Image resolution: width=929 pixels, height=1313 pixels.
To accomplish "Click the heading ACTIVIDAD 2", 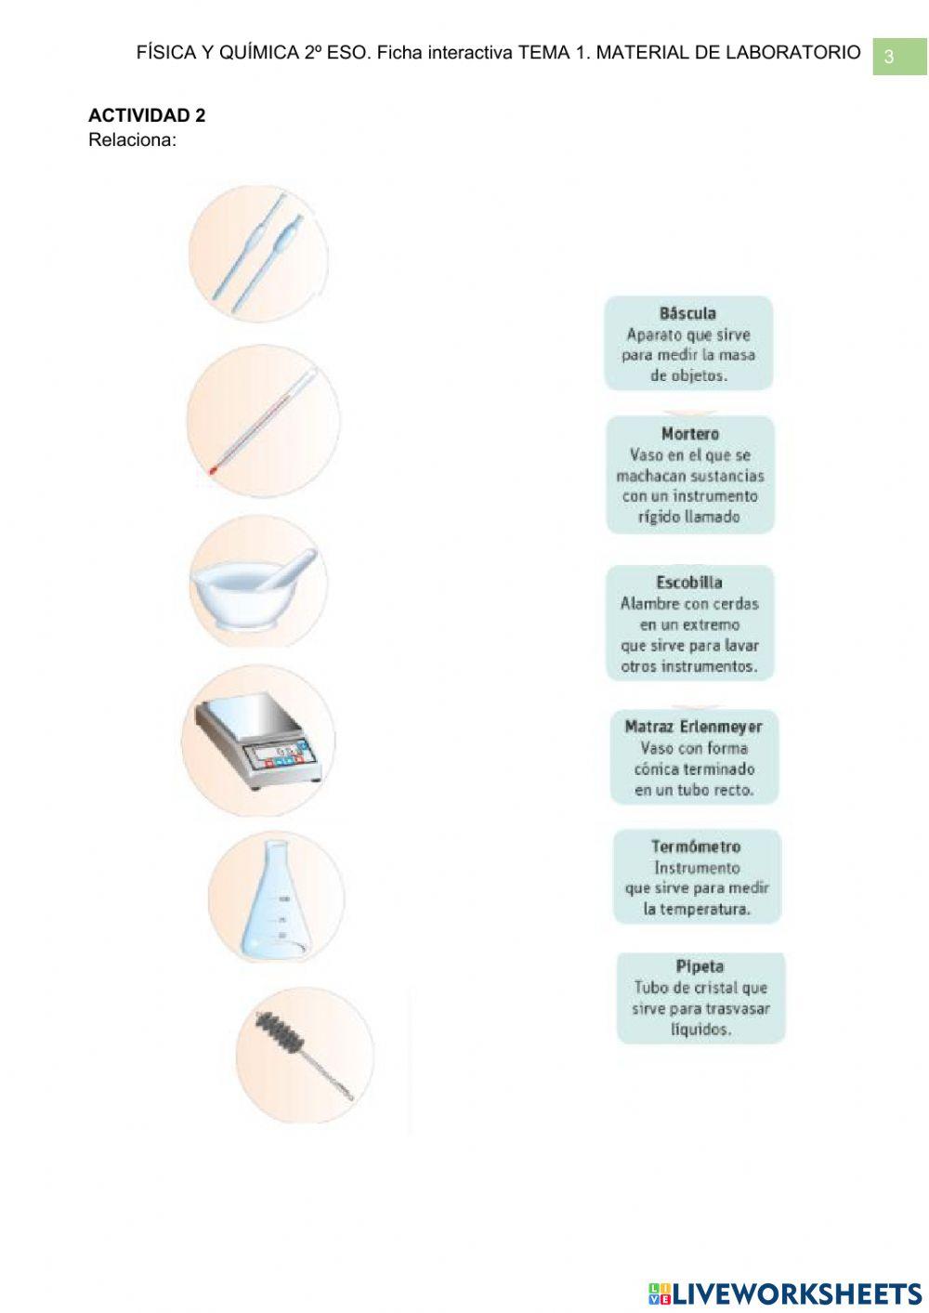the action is coord(147,115).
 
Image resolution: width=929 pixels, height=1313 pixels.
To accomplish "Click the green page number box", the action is coord(899,57).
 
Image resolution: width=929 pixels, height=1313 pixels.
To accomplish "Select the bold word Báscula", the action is coord(687,313).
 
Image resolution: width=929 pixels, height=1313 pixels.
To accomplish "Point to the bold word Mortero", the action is coord(690,434).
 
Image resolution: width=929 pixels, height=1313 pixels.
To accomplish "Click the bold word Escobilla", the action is coord(689,582).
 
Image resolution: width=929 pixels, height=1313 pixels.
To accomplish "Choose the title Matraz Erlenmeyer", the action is coord(693,727).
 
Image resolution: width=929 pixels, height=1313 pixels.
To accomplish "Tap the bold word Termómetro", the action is coord(696,847).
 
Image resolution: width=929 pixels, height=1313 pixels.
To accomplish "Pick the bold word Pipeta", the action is coord(700,966).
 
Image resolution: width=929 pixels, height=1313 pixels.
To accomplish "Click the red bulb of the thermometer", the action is coord(212,469).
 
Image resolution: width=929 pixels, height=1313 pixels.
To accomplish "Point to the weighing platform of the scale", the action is coord(249,715).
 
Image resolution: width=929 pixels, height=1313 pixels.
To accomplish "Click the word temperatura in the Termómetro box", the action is coord(697,909).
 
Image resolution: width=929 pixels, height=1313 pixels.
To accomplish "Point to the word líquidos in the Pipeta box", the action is coord(701,1030).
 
